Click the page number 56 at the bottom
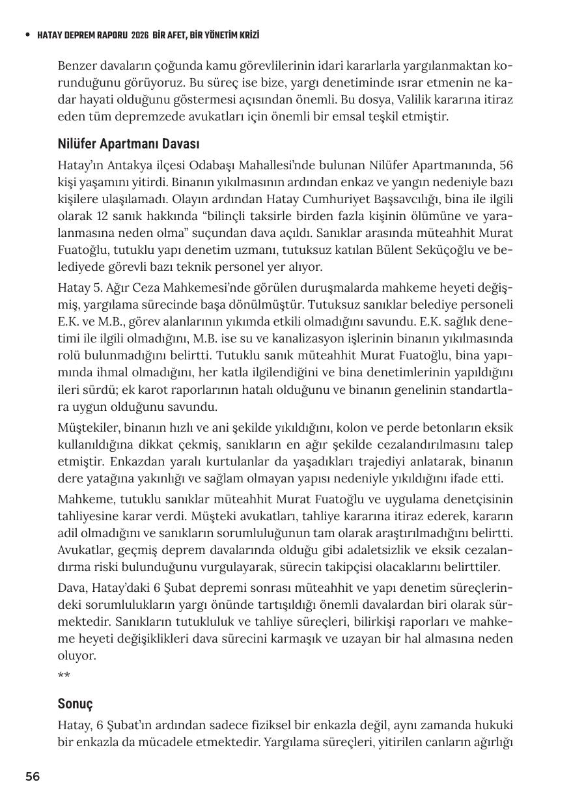33,776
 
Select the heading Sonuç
76,704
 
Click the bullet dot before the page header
27,35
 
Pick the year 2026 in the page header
139,35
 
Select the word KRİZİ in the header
247,35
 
